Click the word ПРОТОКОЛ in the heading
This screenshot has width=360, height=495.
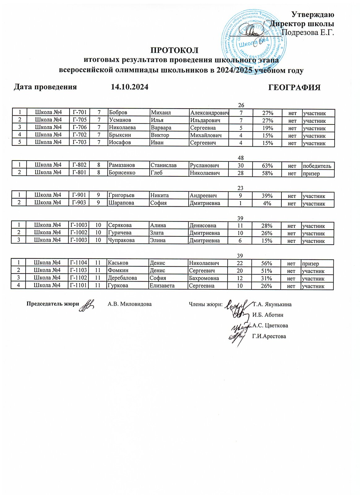(174, 50)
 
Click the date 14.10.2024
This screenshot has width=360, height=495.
(130, 87)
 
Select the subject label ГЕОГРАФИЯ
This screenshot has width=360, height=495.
(294, 88)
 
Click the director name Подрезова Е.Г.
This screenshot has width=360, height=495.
(308, 32)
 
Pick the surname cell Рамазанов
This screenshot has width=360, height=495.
(122, 166)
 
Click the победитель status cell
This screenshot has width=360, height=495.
(317, 166)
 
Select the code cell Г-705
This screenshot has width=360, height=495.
(79, 120)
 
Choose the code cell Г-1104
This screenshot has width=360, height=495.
(79, 263)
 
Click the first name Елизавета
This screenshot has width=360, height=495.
(162, 286)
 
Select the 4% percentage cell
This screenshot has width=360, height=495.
(267, 203)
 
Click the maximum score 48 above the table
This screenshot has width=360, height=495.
(240, 158)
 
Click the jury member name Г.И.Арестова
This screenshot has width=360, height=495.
(269, 336)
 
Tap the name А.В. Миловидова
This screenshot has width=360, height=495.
(130, 304)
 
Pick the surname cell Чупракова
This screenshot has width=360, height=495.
(121, 240)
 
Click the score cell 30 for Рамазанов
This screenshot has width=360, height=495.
(241, 166)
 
